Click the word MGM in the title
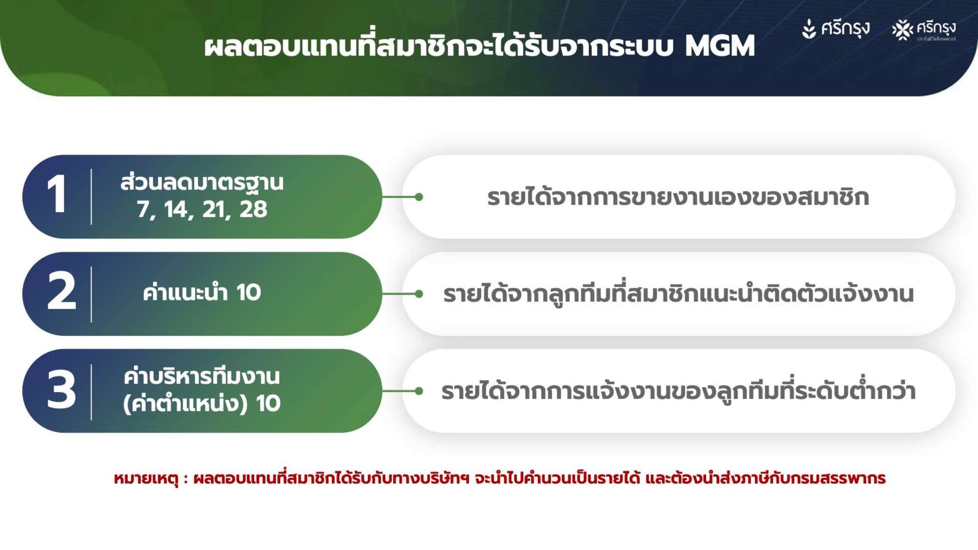point(719,46)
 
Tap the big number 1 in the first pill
point(57,194)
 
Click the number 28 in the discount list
point(253,209)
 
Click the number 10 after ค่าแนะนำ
point(249,293)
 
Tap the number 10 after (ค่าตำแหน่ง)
point(268,403)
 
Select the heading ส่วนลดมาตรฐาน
point(202,183)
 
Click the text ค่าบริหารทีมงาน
point(202,377)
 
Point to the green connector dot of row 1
point(419,197)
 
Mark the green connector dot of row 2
point(419,294)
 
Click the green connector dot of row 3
point(419,391)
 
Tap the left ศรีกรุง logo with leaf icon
point(836,29)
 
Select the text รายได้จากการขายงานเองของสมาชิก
point(678,198)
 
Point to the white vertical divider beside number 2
point(91,294)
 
